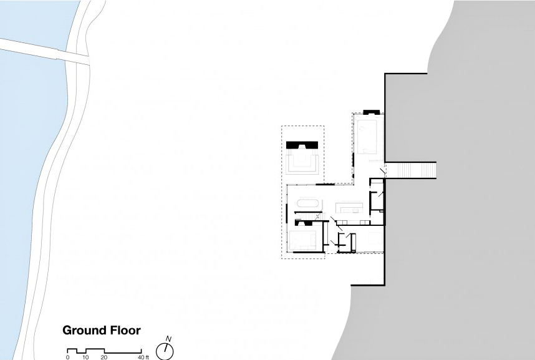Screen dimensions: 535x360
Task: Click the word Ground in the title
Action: point(84,330)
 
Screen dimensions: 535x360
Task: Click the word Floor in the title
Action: point(125,330)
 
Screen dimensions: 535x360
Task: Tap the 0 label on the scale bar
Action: point(67,358)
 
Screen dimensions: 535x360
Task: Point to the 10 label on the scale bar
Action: point(85,358)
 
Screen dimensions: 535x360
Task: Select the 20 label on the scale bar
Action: point(104,358)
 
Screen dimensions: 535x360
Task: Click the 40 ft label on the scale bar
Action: point(143,358)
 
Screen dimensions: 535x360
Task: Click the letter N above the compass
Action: point(168,339)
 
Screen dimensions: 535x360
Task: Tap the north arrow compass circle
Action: point(165,351)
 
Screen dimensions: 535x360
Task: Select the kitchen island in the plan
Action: point(349,207)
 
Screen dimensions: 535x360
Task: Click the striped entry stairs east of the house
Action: point(412,170)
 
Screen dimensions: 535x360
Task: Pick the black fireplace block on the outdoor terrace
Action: point(302,145)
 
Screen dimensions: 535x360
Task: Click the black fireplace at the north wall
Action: point(371,112)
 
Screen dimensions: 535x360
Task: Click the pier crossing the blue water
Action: point(45,51)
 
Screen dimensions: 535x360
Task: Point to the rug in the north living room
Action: point(367,137)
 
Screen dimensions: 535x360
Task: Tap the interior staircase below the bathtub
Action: point(308,216)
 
